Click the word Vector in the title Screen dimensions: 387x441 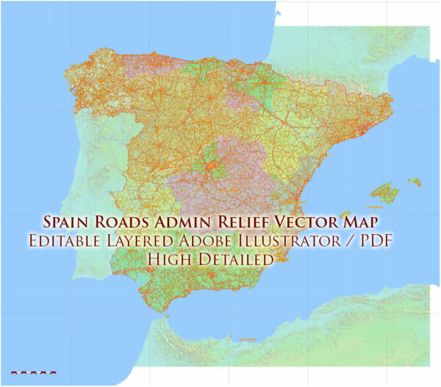pos(293,221)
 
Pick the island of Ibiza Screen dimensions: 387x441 pos(345,214)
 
